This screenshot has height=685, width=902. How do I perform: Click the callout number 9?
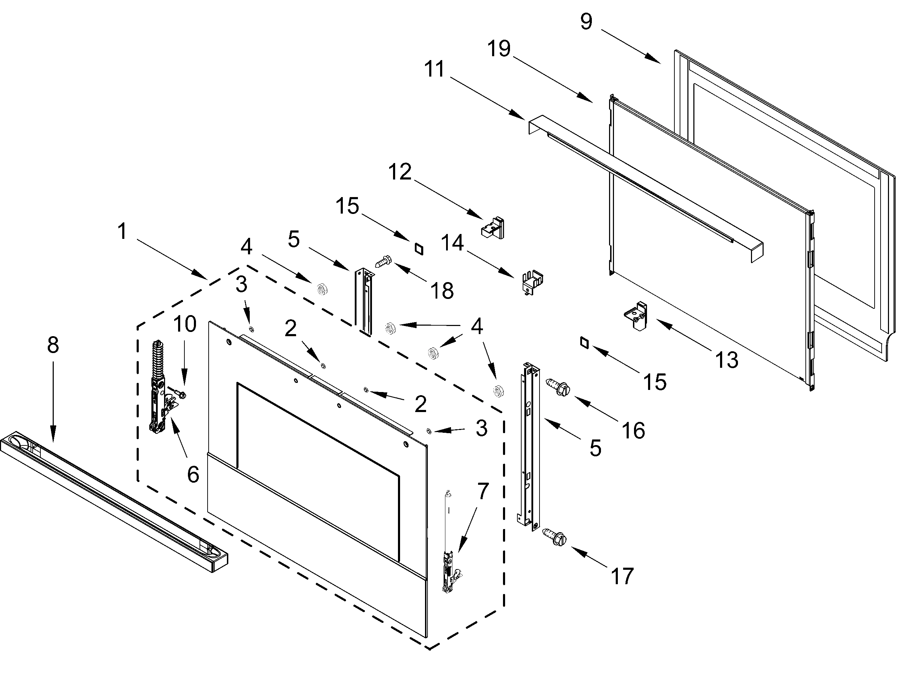(x=586, y=21)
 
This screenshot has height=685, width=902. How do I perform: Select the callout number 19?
(x=499, y=49)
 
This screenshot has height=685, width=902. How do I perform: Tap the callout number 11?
(x=434, y=69)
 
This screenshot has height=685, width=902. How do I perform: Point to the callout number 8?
(x=53, y=345)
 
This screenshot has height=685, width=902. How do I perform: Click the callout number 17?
(x=622, y=576)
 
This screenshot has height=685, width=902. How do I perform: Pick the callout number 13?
(x=727, y=360)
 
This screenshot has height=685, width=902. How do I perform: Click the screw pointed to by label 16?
(x=557, y=386)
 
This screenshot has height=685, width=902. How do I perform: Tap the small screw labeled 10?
(x=180, y=393)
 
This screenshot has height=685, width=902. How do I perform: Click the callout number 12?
(x=400, y=172)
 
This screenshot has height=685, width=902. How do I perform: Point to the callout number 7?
(x=483, y=491)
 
